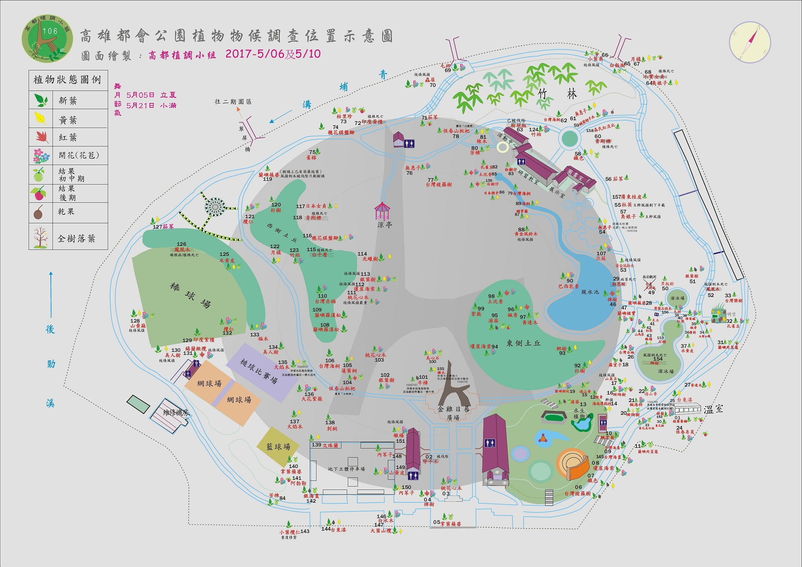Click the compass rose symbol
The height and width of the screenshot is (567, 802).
pyautogui.click(x=749, y=43)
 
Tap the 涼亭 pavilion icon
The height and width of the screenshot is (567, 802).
pyautogui.click(x=382, y=212)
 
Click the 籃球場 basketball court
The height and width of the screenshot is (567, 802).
pyautogui.click(x=278, y=446)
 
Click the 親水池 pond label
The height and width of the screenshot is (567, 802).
pyautogui.click(x=590, y=292)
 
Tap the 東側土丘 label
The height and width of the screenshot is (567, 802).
pyautogui.click(x=523, y=343)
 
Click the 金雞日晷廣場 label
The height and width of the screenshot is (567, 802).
pyautogui.click(x=454, y=413)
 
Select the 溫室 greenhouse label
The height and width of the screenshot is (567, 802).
pyautogui.click(x=713, y=409)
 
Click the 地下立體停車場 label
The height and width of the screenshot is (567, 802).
pyautogui.click(x=346, y=469)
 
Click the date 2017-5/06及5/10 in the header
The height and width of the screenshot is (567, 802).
pyautogui.click(x=273, y=54)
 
